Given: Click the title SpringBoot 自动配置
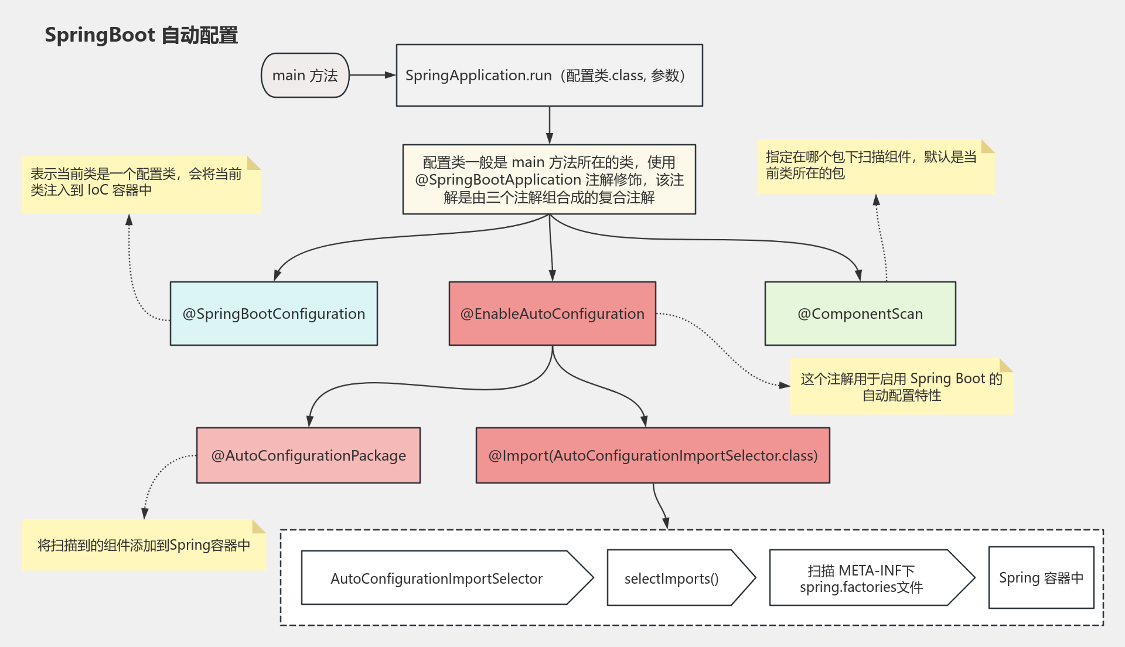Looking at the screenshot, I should pos(141,35).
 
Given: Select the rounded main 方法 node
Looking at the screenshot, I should pos(305,76).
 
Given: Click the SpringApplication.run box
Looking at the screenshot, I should pos(549,76).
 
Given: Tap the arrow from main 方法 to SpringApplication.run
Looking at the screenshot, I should pos(372,75).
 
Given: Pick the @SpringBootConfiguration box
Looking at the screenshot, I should pos(274,314).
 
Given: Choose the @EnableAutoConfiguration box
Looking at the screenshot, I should pos(552,314).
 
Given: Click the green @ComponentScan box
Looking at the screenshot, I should pos(860,314).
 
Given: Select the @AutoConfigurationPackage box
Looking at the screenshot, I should pos(308,455).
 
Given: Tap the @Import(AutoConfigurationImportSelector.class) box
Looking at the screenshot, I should pos(653,455).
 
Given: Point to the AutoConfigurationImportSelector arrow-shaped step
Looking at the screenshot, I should pos(437,578).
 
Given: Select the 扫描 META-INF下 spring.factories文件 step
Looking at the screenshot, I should pos(861,578).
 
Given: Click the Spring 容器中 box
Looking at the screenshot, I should pos(1041,578).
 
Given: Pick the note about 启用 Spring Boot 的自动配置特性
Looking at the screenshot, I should pos(901,387).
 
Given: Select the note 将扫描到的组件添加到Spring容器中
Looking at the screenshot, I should pos(144,545).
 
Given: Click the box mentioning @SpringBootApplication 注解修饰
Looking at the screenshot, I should pos(549,179).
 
